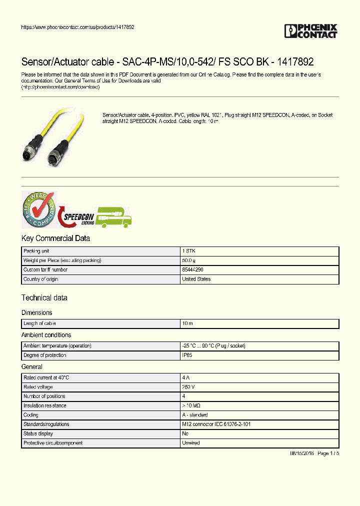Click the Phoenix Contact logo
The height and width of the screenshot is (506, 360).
[310, 31]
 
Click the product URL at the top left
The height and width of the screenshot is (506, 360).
[77, 27]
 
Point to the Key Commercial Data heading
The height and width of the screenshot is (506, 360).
[55, 238]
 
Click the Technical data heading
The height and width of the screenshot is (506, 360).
[44, 298]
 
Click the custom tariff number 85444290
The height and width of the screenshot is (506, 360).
[192, 269]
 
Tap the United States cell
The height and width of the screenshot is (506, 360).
[196, 279]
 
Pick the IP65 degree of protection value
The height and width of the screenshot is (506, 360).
[187, 355]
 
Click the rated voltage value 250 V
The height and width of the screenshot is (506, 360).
[188, 387]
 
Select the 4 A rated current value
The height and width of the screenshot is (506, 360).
[185, 377]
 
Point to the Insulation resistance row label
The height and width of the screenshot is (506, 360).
[44, 405]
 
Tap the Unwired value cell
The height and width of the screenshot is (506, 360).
[190, 443]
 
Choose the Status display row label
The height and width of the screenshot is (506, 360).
[38, 433]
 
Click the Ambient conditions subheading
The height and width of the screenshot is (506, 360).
[46, 335]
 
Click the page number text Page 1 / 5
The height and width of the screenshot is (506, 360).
[328, 453]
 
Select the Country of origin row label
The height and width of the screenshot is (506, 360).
[40, 279]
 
